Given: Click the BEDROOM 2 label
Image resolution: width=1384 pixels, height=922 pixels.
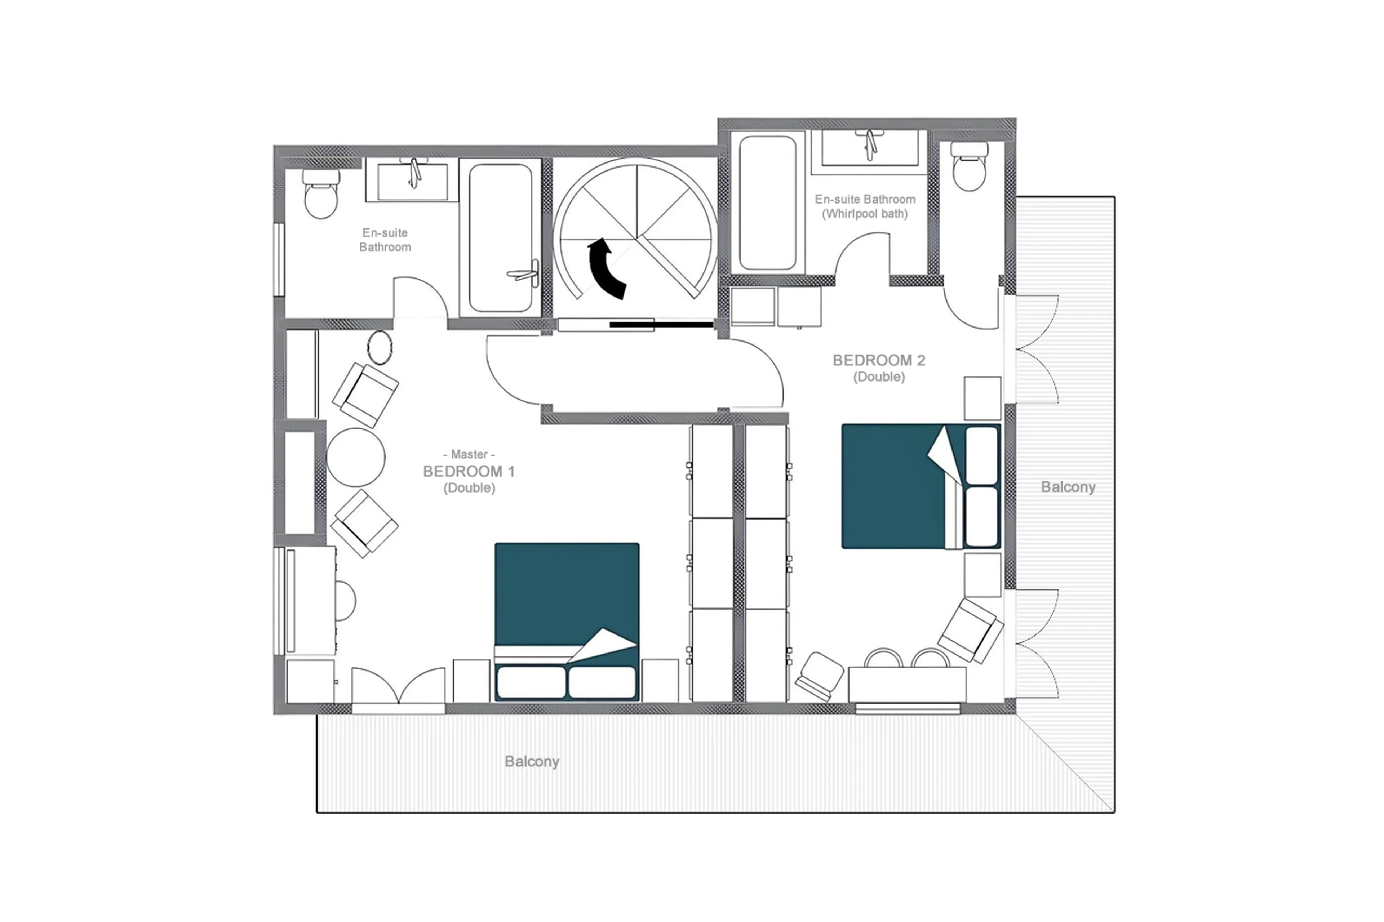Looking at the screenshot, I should coord(879,360).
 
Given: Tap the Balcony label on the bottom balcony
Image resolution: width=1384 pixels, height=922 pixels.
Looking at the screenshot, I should coord(532,761).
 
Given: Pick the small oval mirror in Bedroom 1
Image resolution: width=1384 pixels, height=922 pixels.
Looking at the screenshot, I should coord(380,347).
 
